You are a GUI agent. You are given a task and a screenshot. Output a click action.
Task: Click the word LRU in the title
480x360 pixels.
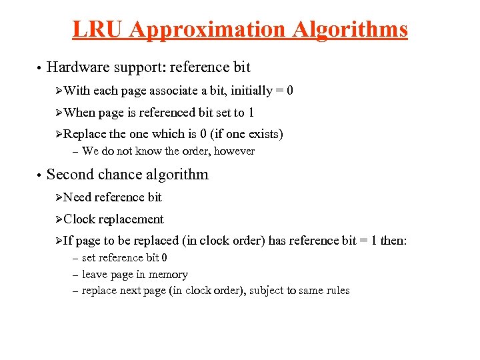[99, 29]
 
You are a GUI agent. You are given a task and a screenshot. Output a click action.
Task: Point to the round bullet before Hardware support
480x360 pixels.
[40, 68]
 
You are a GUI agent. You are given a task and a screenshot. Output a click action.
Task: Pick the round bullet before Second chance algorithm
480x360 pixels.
[40, 176]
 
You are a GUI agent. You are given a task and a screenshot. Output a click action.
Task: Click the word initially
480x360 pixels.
[253, 91]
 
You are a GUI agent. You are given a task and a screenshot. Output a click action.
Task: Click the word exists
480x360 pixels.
[263, 134]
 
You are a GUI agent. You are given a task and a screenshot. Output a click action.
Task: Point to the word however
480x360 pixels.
[233, 151]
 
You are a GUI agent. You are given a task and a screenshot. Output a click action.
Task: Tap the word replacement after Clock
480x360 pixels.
[131, 219]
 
